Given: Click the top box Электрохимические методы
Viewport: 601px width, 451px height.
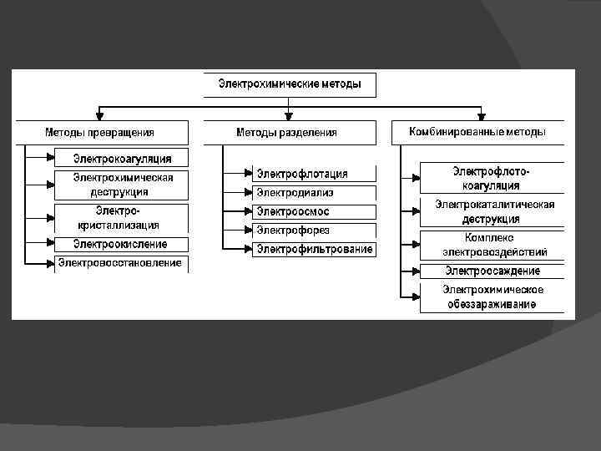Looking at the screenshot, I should (290, 84).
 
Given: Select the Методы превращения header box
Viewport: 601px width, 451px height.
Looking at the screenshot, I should (99, 132).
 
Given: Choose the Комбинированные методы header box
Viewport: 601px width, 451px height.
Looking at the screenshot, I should (477, 132).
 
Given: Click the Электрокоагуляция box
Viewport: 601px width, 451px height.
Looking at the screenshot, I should (122, 158).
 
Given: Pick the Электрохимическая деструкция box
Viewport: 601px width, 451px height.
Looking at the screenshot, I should (122, 185).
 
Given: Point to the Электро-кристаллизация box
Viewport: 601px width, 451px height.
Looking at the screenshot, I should (122, 218).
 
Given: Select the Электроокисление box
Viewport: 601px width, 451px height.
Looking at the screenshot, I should (122, 245).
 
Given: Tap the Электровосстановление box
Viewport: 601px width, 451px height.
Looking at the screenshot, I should (122, 264).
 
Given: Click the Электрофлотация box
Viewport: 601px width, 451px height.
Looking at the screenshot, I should (314, 174).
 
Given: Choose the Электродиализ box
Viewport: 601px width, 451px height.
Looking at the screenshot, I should (314, 192).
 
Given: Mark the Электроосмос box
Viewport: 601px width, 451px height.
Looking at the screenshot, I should (314, 211).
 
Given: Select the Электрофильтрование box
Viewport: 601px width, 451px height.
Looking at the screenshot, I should (314, 249).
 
